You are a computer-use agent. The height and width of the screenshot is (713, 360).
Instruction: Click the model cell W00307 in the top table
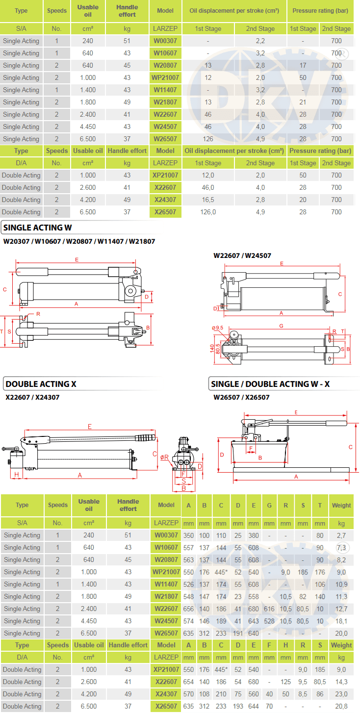click(165, 41)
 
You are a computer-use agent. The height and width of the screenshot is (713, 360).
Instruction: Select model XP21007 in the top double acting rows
click(165, 175)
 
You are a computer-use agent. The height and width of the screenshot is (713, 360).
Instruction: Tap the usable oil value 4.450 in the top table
click(88, 127)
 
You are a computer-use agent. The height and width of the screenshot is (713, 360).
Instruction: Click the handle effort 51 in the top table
click(127, 41)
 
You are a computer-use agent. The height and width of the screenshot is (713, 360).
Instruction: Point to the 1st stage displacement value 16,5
click(208, 200)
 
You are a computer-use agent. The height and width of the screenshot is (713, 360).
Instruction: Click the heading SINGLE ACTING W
click(38, 228)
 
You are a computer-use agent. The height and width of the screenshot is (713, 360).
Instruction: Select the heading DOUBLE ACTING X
click(41, 384)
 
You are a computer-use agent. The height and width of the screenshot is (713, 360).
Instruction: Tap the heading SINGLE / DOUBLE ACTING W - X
click(270, 384)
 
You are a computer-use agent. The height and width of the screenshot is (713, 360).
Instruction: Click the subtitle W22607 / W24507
click(242, 255)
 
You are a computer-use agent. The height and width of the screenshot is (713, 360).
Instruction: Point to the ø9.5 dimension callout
click(217, 328)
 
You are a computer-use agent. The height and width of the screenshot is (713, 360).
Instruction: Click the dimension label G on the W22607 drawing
click(282, 326)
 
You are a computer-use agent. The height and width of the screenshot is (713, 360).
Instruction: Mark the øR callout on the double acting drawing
click(164, 457)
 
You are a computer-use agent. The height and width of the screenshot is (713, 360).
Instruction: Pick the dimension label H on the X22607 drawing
click(17, 474)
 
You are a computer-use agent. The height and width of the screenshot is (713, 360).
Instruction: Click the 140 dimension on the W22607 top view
click(212, 349)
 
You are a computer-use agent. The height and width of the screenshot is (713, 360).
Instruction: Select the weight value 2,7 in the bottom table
click(341, 535)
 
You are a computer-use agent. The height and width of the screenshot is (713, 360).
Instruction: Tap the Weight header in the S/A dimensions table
click(341, 505)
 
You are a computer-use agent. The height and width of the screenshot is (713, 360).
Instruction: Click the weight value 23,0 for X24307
click(341, 694)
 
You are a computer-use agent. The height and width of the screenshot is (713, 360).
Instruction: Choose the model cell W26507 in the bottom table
click(166, 633)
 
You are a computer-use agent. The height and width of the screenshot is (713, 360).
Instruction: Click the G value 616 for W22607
click(269, 609)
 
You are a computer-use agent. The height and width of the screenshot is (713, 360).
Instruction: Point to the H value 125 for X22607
click(285, 682)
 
